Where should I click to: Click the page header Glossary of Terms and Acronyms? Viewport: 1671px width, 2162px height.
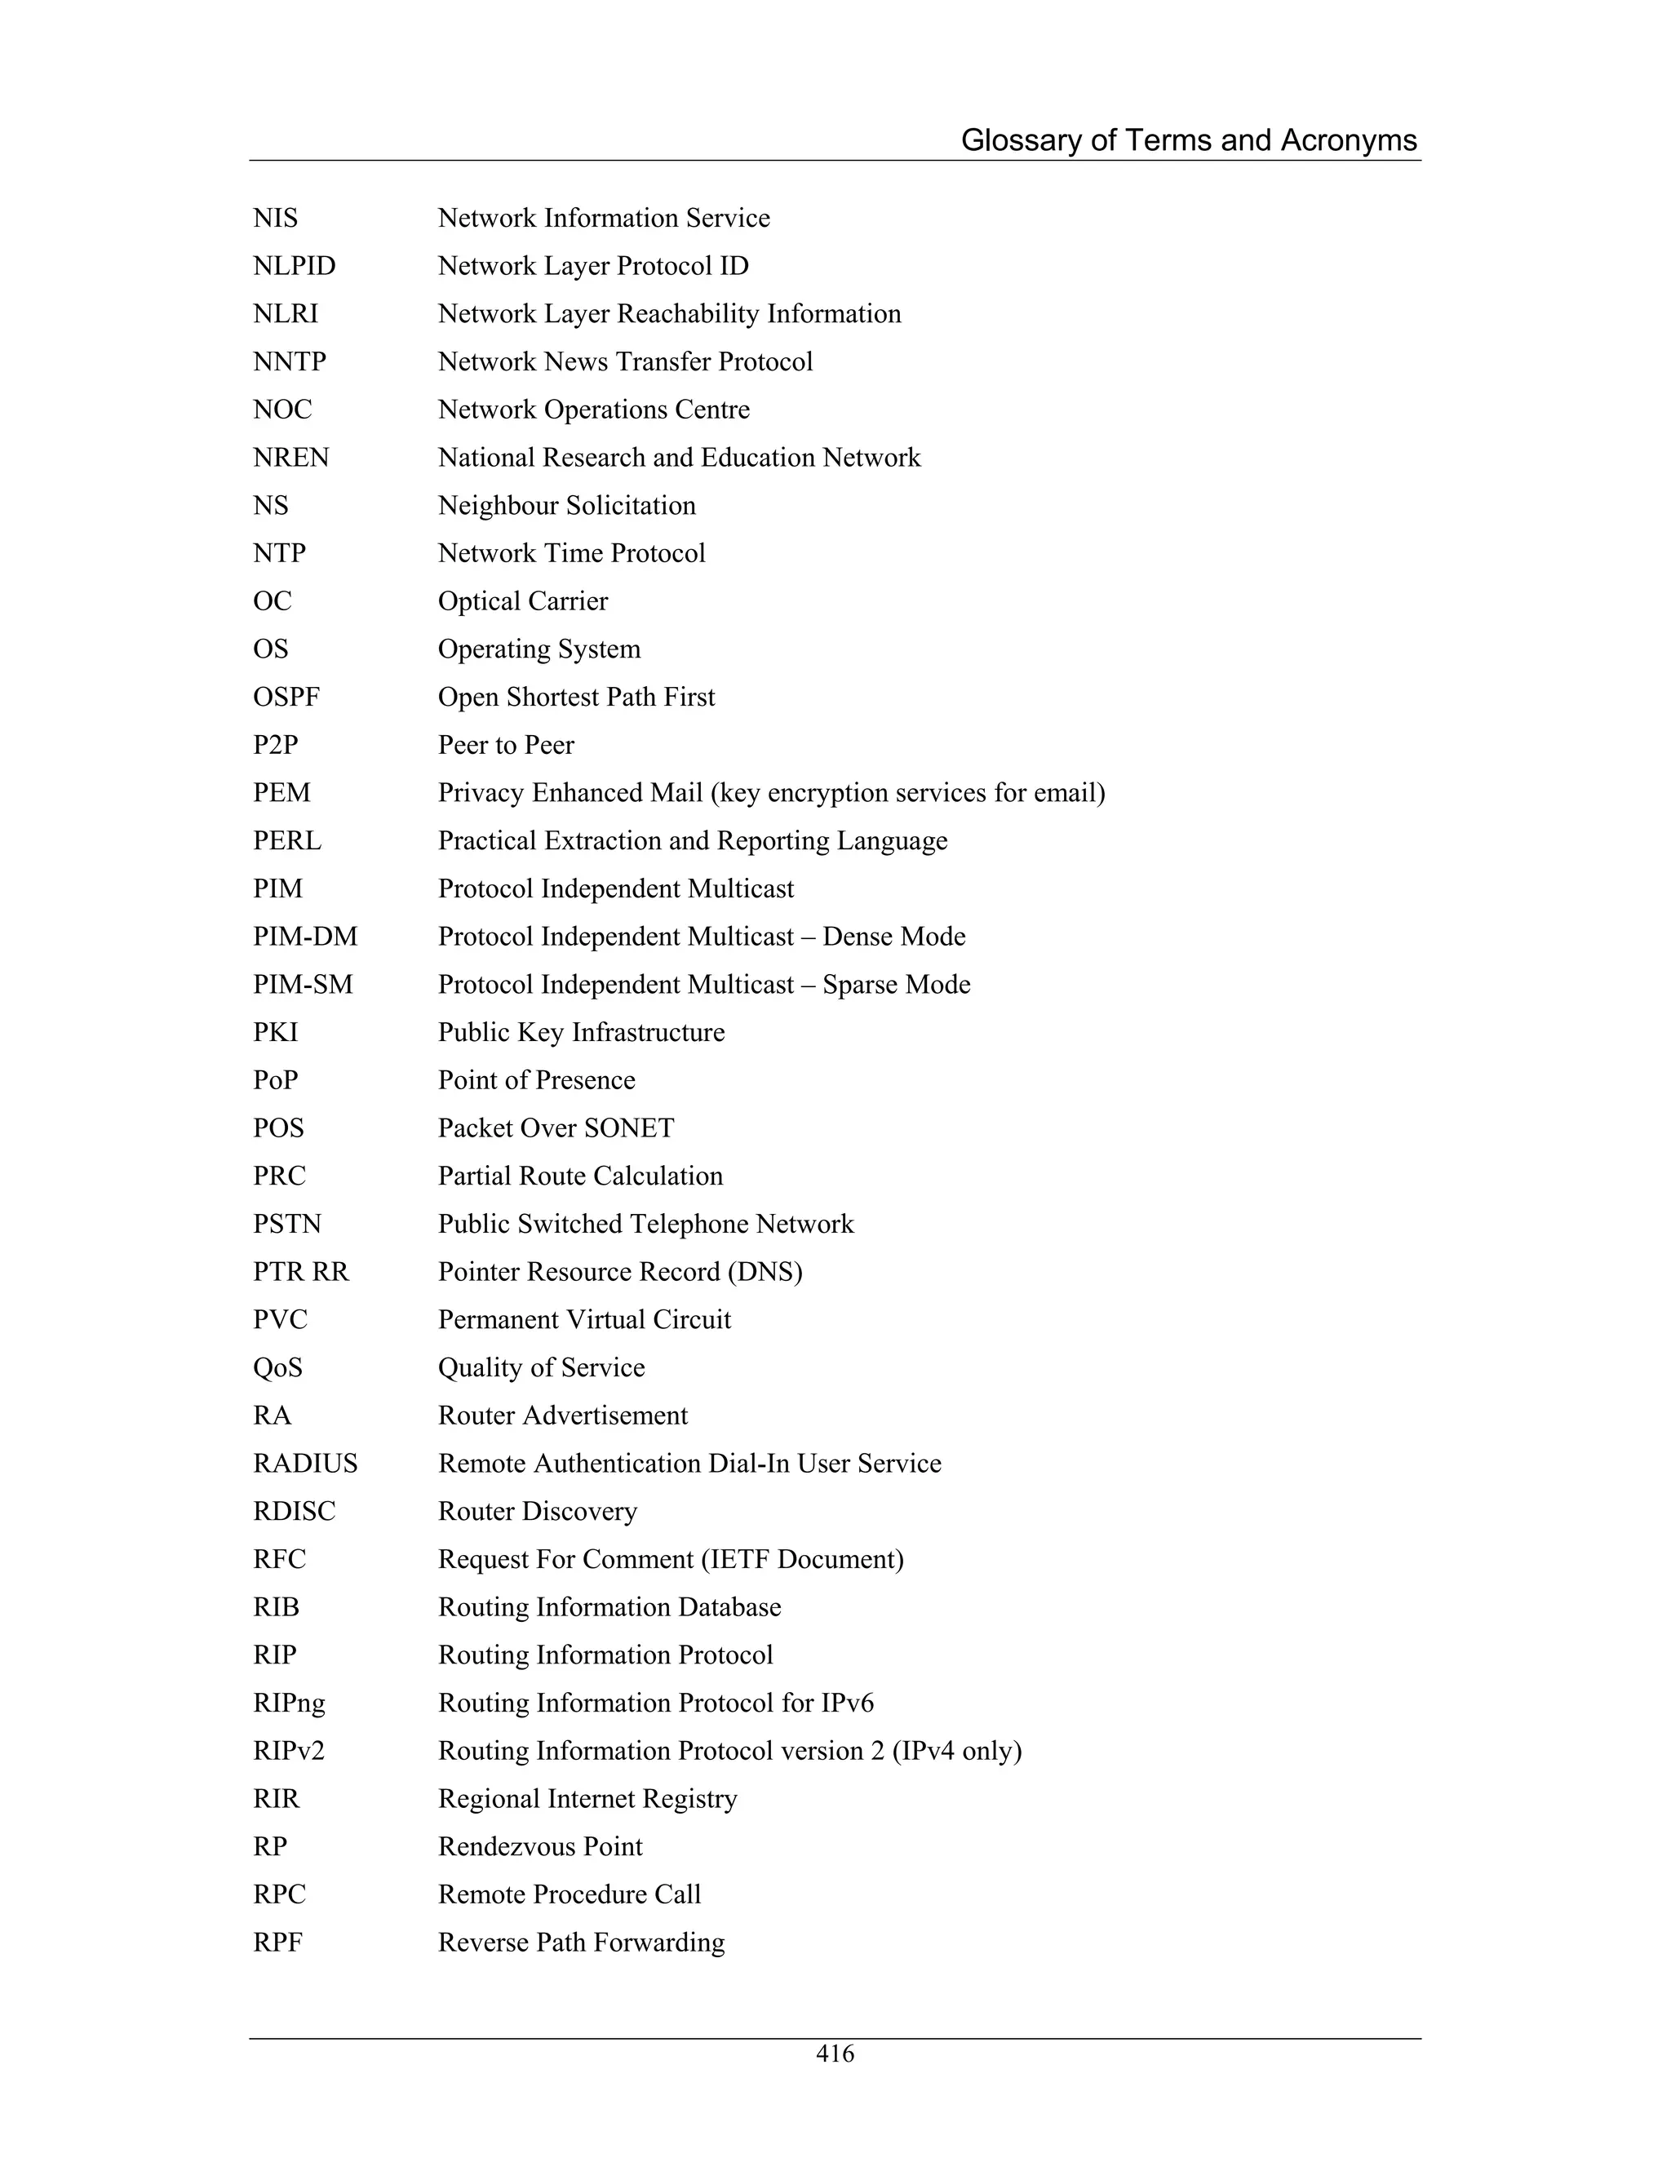coord(1188,140)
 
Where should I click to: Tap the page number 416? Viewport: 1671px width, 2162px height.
coord(835,2053)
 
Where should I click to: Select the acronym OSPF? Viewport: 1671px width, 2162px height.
coord(286,697)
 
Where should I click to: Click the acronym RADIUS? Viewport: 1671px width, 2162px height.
coord(305,1463)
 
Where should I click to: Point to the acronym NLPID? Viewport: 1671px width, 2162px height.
coord(294,266)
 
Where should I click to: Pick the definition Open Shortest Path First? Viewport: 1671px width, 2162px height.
coord(576,697)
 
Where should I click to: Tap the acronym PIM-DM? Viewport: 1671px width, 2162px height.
coord(305,937)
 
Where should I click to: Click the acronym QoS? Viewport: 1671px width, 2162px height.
coord(277,1368)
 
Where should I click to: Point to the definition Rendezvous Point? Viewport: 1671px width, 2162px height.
coord(539,1847)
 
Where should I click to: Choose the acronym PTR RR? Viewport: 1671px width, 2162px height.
coord(301,1272)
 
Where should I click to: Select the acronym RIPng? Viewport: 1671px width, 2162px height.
coord(288,1703)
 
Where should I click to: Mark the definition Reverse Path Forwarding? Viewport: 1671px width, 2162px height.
coord(581,1943)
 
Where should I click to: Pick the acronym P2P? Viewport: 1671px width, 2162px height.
coord(275,746)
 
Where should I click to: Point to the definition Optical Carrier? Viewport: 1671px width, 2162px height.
coord(523,602)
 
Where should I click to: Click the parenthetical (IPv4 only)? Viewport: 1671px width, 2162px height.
coord(956,1751)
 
